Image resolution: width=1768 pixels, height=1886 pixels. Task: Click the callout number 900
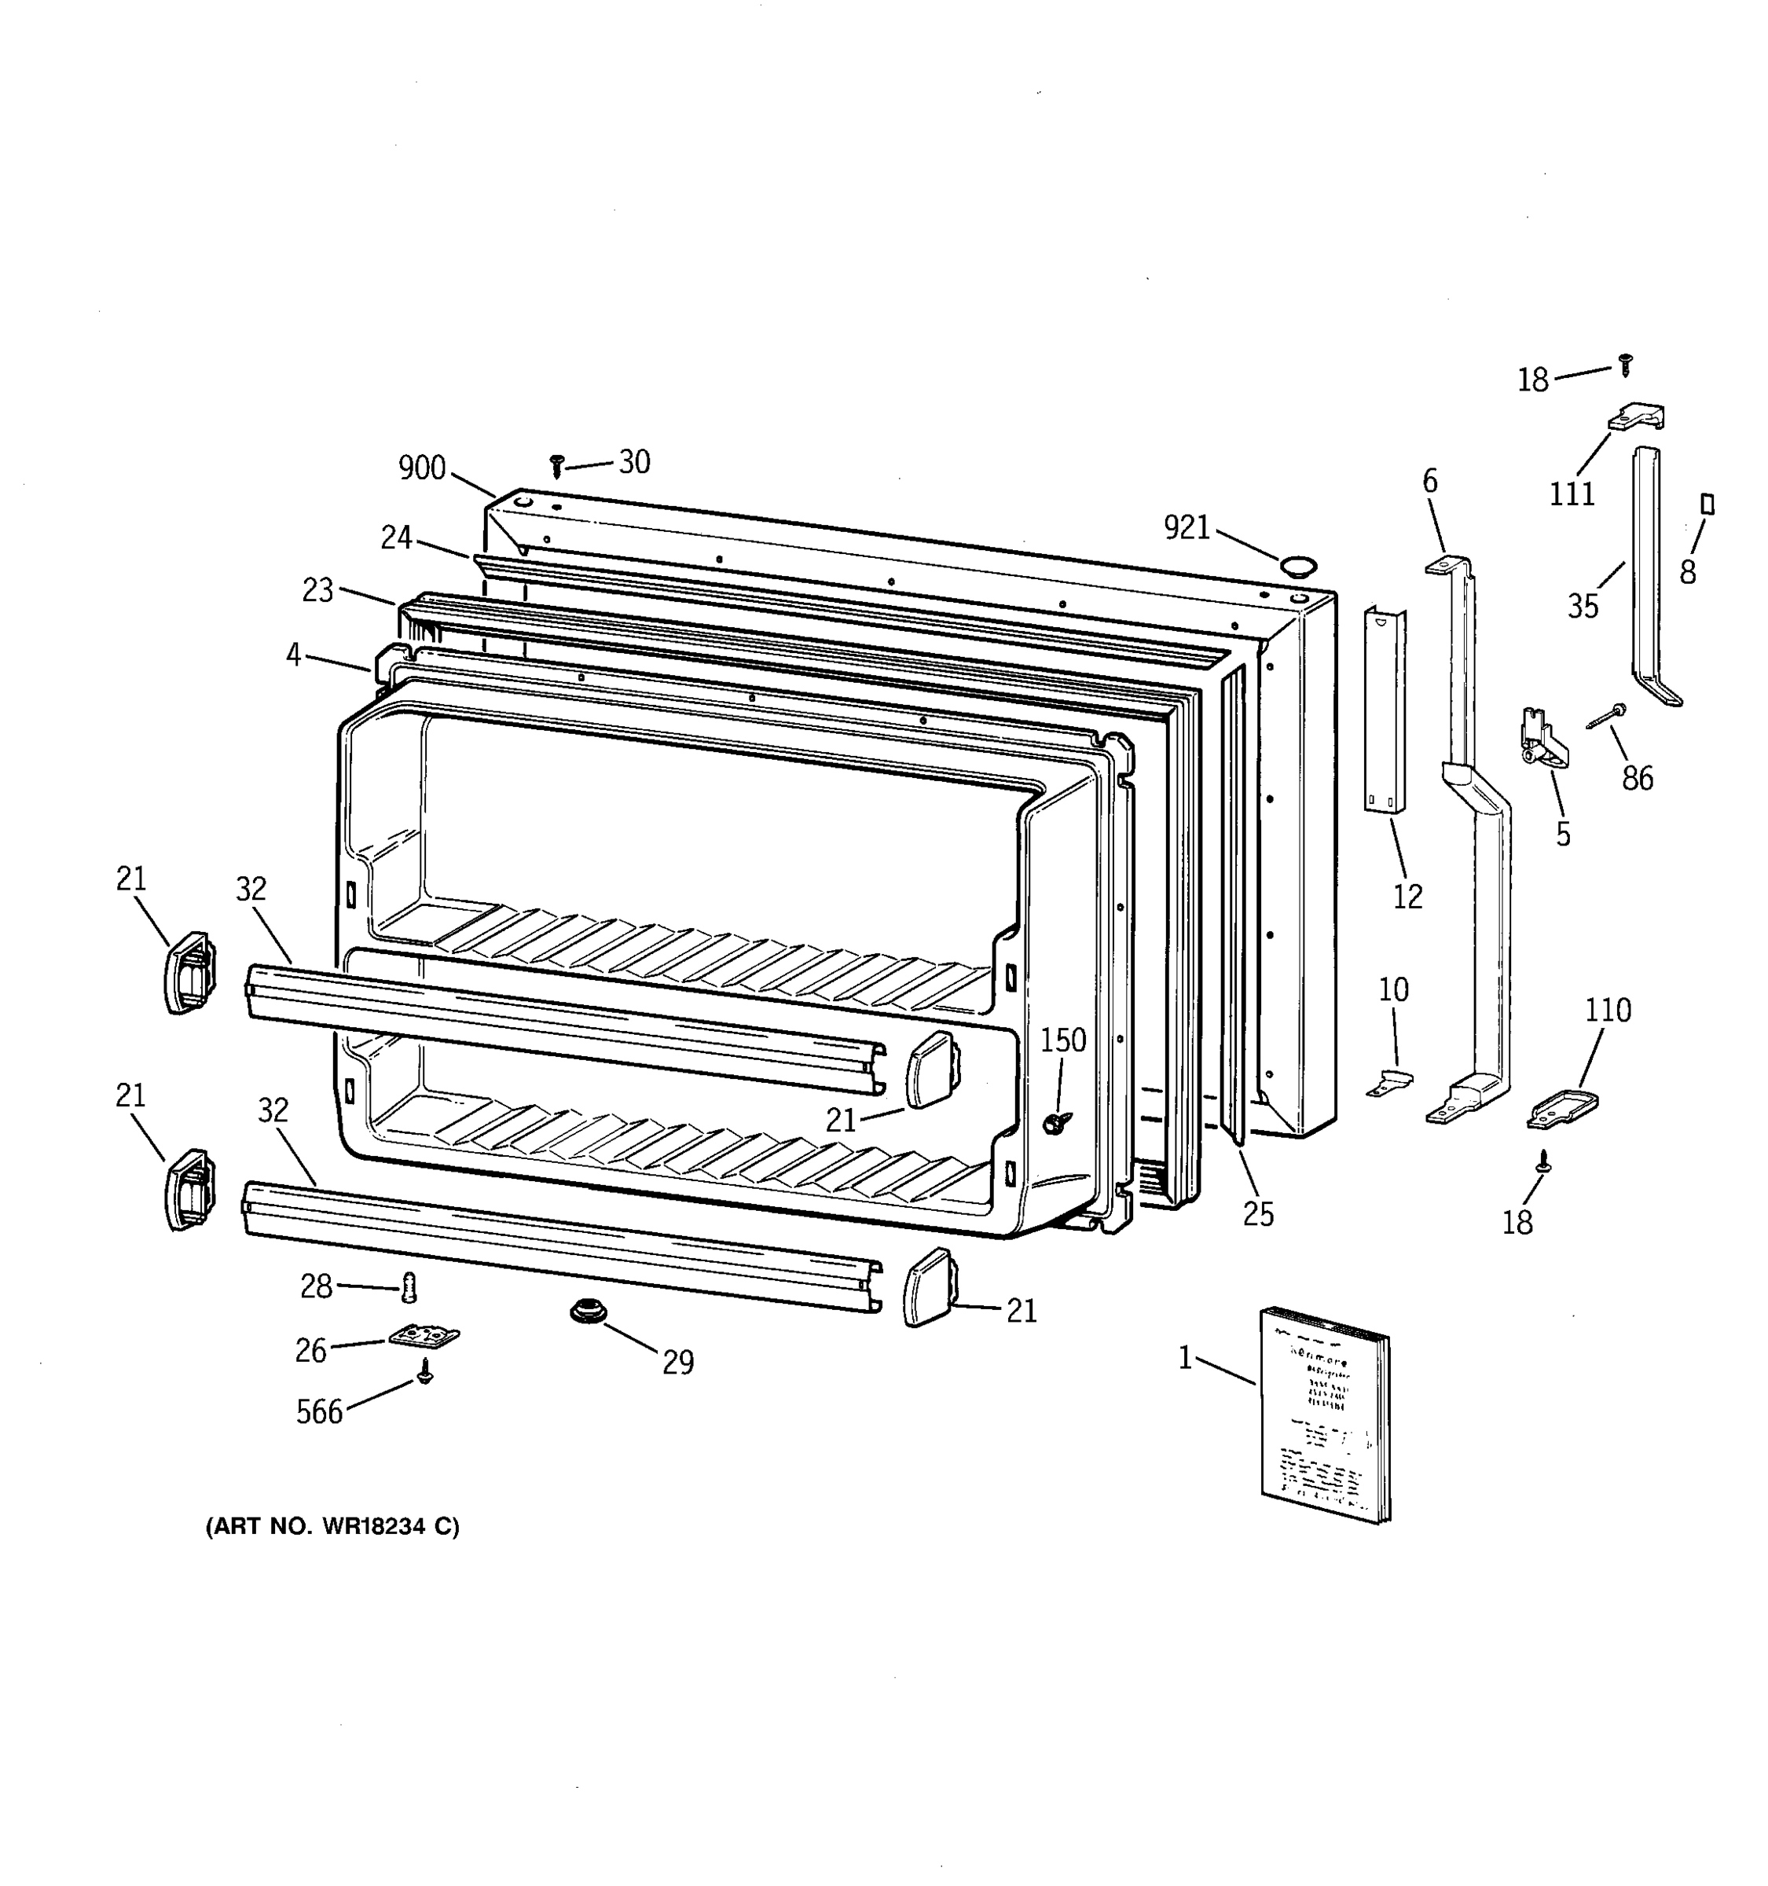click(422, 468)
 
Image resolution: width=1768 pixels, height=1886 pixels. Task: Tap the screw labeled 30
click(557, 465)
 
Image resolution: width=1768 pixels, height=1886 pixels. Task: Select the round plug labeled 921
click(1297, 567)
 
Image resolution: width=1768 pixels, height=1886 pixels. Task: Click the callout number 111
click(1572, 494)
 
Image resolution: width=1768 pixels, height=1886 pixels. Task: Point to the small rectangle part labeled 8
click(1707, 505)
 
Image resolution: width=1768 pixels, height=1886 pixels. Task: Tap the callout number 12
click(1407, 896)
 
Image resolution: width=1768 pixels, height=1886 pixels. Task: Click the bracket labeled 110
click(1562, 1108)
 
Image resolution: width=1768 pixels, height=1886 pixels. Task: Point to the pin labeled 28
click(409, 1287)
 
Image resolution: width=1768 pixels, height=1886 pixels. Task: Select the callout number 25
click(1258, 1214)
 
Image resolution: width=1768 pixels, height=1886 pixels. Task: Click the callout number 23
click(317, 590)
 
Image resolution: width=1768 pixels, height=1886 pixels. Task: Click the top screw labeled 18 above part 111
click(1627, 365)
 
